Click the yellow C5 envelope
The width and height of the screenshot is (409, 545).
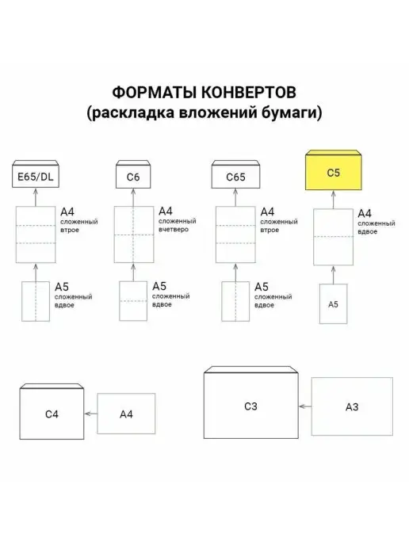(x=333, y=170)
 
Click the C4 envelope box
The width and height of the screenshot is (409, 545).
(x=52, y=412)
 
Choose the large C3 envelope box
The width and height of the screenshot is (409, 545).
(x=250, y=402)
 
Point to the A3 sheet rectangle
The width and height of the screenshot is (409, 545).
(x=352, y=406)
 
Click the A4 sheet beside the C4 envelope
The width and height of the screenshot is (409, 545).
(x=126, y=414)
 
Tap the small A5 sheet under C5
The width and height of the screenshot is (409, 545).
(x=333, y=304)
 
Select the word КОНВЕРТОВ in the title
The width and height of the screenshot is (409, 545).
(x=249, y=93)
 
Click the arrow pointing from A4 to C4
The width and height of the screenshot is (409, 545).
(x=91, y=414)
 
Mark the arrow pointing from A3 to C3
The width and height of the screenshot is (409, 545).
(x=305, y=406)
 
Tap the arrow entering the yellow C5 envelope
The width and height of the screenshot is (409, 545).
(x=333, y=200)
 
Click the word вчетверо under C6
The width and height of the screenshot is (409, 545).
(x=174, y=230)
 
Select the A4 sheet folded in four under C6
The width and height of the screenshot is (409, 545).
(x=134, y=234)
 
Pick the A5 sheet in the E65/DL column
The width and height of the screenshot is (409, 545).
(x=36, y=301)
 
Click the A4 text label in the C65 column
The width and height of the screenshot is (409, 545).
(x=267, y=212)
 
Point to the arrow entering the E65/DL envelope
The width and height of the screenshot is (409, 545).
(x=36, y=197)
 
